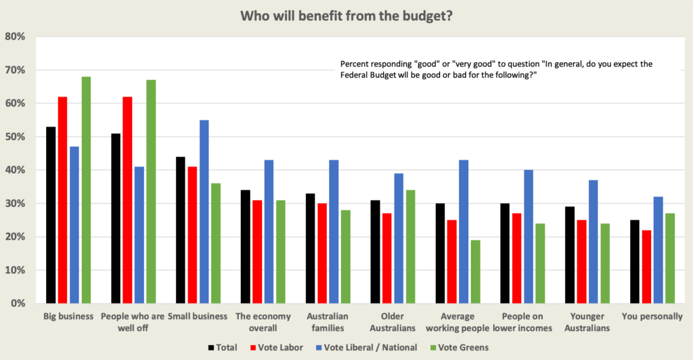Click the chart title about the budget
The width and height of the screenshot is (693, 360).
346,15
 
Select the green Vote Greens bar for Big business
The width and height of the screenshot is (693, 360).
86,189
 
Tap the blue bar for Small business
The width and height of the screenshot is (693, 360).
204,211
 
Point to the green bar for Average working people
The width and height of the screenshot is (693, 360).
476,271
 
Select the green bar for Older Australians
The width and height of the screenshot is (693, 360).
410,246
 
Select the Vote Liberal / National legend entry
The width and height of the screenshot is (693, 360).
363,348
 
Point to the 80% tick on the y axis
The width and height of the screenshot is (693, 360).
16,37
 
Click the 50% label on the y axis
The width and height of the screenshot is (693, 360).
16,137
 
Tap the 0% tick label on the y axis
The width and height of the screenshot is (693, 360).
18,304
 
